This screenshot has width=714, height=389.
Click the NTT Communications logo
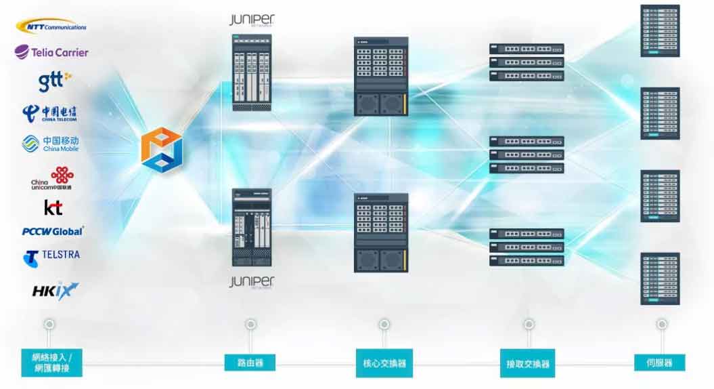click(51, 26)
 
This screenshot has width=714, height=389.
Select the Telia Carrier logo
click(51, 52)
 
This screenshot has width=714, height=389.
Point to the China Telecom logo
click(49, 112)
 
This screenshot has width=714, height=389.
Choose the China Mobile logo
click(51, 143)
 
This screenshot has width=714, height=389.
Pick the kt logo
click(53, 207)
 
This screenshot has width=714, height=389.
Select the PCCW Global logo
click(52, 231)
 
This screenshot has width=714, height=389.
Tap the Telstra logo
click(51, 257)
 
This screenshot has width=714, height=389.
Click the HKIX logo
click(55, 290)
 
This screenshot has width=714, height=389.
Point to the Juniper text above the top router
click(252, 20)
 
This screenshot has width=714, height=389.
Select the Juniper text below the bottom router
click(251, 281)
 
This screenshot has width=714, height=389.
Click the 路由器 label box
click(250, 362)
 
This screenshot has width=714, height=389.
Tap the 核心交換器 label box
click(384, 363)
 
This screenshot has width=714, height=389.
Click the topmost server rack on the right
click(660, 31)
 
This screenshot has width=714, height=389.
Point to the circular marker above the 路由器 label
click(250, 325)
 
